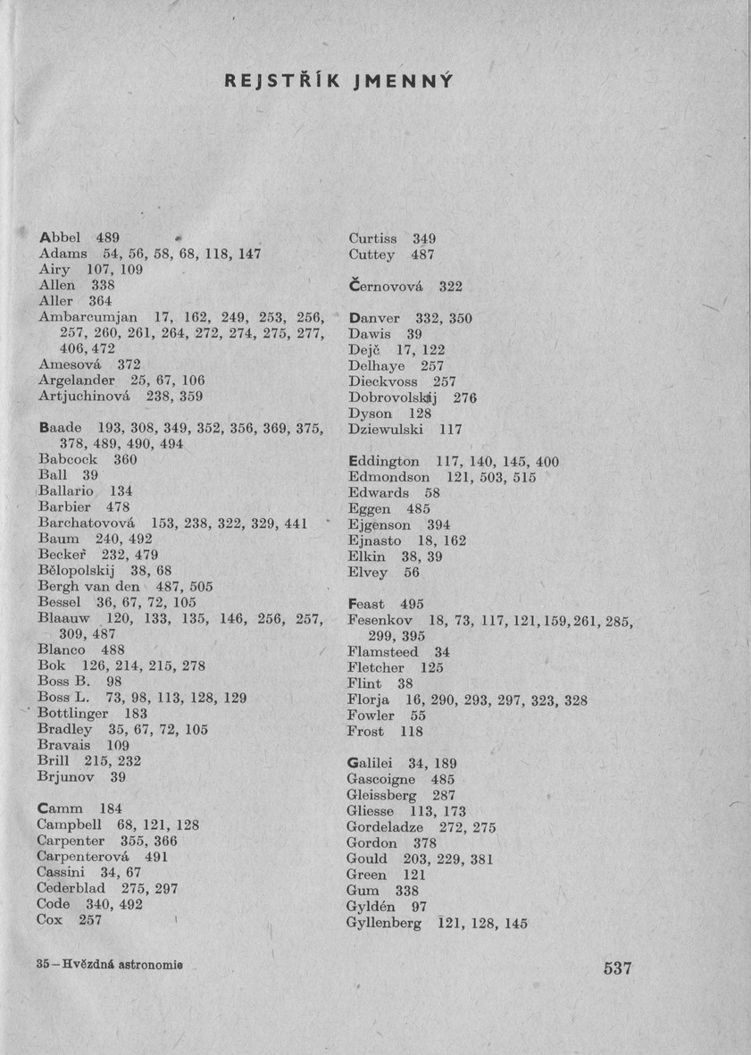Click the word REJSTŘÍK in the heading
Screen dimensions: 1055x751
[x=282, y=82]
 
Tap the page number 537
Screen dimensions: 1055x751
[x=617, y=968]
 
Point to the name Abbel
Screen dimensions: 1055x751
[x=61, y=238]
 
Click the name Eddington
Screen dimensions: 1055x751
[x=383, y=461]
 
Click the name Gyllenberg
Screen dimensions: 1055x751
[x=384, y=924]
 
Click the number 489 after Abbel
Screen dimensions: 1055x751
[x=108, y=238]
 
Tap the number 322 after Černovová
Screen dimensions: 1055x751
[x=451, y=287]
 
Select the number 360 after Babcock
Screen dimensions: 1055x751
[x=127, y=459]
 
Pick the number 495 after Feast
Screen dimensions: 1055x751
[x=412, y=604]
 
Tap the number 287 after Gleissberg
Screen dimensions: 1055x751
[x=444, y=794]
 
